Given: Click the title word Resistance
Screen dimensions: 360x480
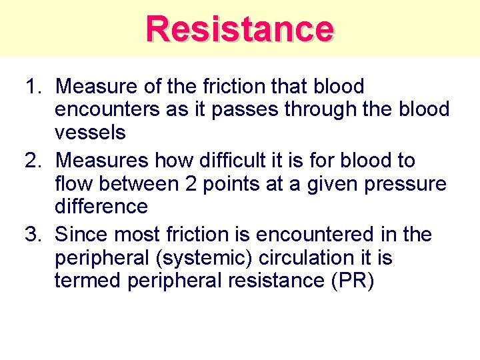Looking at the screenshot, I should point(240,29).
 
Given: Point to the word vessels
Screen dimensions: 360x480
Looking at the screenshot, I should point(90,133).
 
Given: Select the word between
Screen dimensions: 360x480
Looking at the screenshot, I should point(137,183).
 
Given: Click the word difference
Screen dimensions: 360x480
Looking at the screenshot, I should point(101,206).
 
